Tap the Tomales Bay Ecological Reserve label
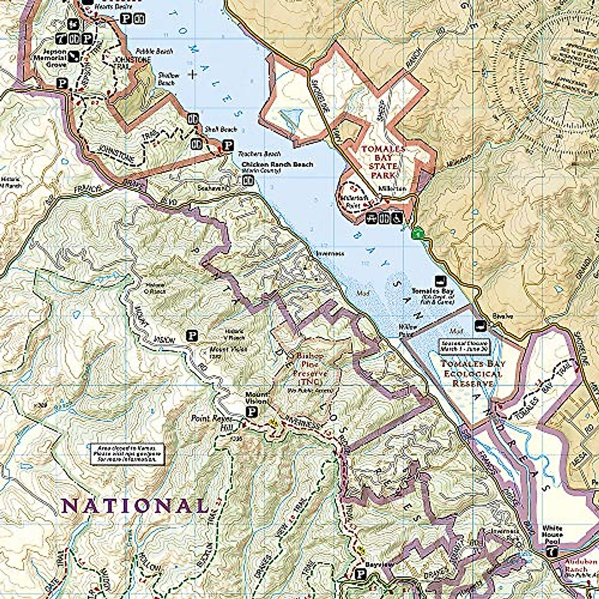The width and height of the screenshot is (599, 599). (x=472, y=373)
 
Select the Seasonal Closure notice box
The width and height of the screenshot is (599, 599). (x=465, y=346)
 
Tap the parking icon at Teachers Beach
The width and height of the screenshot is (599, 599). (x=228, y=146)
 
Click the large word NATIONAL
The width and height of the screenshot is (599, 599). (x=134, y=506)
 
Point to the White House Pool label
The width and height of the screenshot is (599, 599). (x=552, y=535)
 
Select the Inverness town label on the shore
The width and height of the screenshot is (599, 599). (x=330, y=254)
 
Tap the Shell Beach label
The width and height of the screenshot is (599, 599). (x=220, y=129)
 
